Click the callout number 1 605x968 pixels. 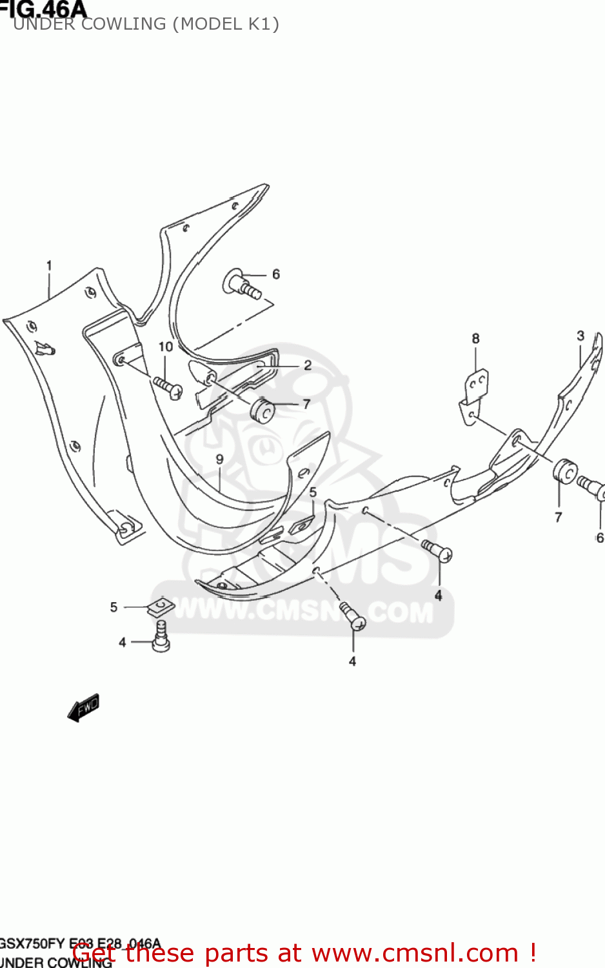(x=49, y=265)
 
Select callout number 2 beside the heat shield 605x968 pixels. (x=308, y=365)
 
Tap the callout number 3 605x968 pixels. (x=580, y=336)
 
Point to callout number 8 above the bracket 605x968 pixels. (x=475, y=338)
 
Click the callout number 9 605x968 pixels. (x=219, y=459)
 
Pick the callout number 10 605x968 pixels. (x=166, y=347)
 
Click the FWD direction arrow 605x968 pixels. (x=83, y=707)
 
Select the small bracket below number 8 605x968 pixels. (x=474, y=395)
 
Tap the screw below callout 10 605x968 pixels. (x=168, y=387)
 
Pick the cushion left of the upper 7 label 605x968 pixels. (x=262, y=410)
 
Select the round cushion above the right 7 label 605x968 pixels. (x=564, y=471)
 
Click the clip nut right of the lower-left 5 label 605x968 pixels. (x=161, y=607)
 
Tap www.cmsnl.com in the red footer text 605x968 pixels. (x=415, y=953)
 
